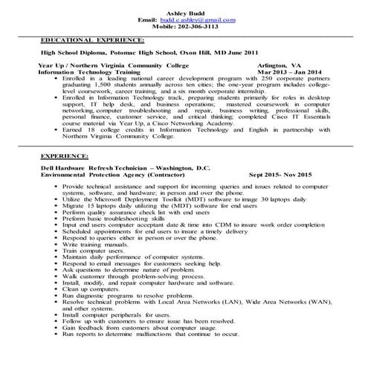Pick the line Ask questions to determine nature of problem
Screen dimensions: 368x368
[132, 271]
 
